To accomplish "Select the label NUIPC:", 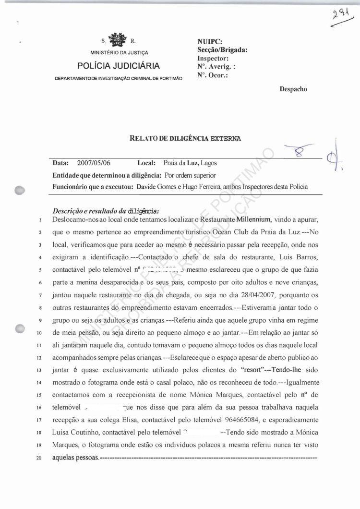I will point(209,42).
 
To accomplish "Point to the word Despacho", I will point(293,88).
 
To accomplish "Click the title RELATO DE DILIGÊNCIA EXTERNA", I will point(185,138).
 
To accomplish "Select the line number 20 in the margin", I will point(39,457).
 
